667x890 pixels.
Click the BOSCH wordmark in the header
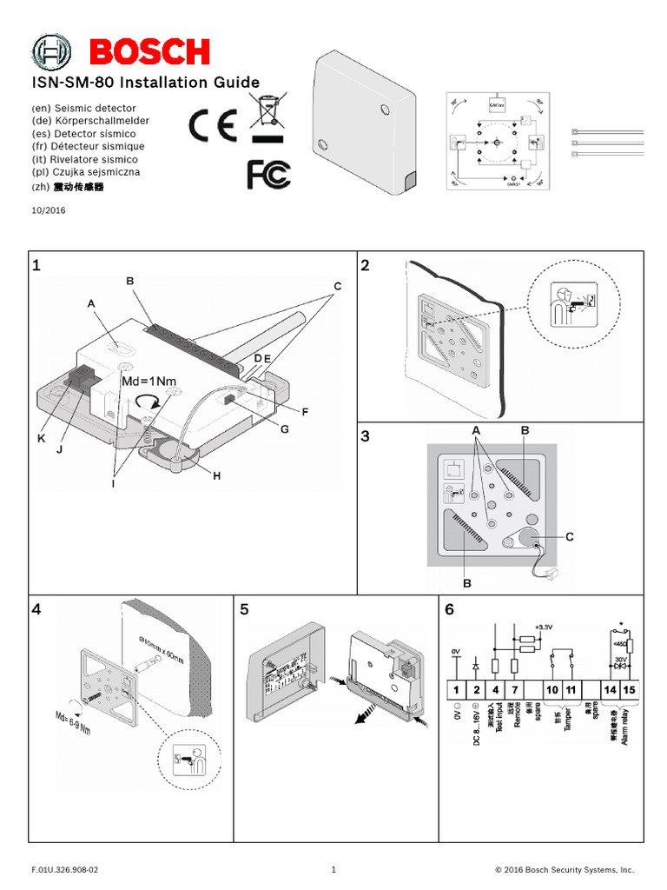149,52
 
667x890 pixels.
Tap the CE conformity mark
213,127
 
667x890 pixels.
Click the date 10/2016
48,210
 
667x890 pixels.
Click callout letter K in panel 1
41,439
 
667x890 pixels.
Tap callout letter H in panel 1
216,475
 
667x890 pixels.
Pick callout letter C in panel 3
570,537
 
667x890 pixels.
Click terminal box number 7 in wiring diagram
516,689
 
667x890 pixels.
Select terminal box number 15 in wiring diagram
629,689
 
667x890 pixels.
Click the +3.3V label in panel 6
544,627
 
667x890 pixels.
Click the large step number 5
245,610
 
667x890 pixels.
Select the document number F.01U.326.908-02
65,869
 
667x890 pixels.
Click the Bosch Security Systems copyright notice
565,869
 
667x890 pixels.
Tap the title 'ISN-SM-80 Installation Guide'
145,83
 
